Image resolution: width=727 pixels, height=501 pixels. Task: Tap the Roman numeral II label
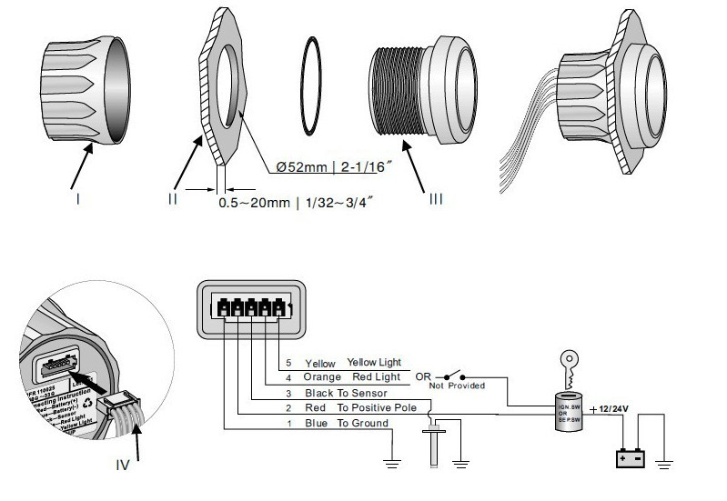click(x=172, y=197)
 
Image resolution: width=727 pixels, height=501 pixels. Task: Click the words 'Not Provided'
click(x=457, y=386)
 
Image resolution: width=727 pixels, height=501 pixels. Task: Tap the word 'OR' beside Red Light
click(x=422, y=376)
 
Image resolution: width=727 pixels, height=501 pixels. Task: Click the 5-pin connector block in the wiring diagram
click(x=247, y=309)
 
